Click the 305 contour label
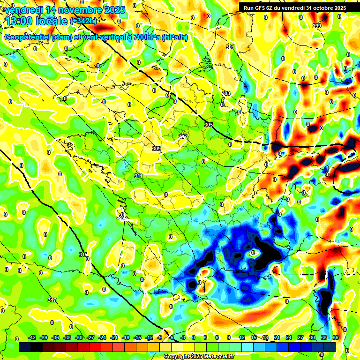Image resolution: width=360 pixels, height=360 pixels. tap(209, 125)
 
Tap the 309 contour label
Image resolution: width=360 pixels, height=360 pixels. tap(157, 149)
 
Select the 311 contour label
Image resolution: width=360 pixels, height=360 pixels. tap(138, 176)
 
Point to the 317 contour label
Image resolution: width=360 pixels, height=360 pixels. tap(52, 300)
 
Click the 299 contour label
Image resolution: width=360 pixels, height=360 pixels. tap(317, 26)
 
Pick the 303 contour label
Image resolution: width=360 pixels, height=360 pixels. tap(226, 94)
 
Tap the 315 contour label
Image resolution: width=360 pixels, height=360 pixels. tap(83, 255)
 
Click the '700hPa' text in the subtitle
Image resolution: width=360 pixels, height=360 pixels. tap(146, 37)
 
